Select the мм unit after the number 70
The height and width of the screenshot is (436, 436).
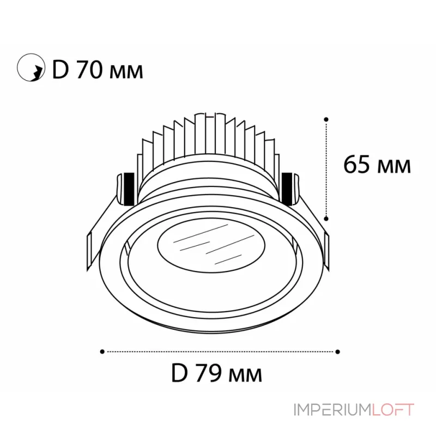coord(126,72)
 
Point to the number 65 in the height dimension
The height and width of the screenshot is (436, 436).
coord(357,164)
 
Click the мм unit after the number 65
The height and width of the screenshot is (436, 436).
coord(394,166)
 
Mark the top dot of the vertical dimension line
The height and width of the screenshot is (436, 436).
coord(326,118)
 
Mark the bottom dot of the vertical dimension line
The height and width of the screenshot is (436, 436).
coord(326,218)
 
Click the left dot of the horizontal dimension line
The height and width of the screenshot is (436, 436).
coord(102,352)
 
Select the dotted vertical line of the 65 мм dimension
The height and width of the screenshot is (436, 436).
coord(326,169)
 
